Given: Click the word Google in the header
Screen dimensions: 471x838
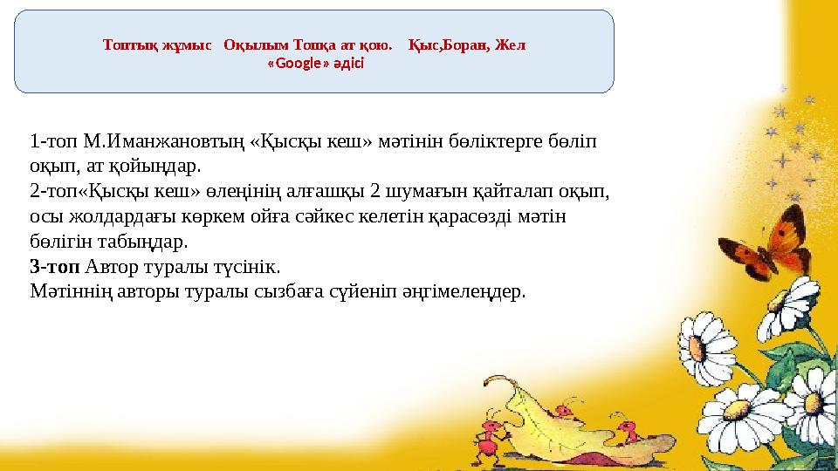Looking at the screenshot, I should pos(298,64).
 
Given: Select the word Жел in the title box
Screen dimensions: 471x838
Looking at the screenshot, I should pos(511,44).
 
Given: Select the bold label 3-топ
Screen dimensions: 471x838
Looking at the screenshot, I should pos(54,266).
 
